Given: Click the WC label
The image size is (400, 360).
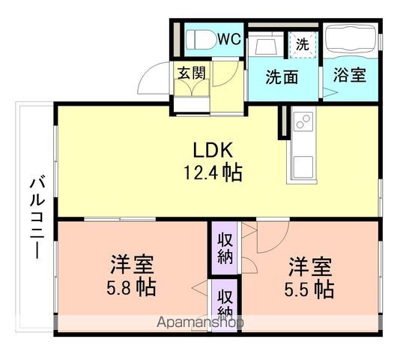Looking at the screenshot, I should (x=228, y=39).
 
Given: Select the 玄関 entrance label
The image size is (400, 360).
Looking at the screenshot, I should (x=191, y=73).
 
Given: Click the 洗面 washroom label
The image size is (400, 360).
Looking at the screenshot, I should (x=282, y=76).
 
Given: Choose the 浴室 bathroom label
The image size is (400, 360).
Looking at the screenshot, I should (x=350, y=76).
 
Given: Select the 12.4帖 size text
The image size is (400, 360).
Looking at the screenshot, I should (x=212, y=172).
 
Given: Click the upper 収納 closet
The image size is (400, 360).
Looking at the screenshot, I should (x=224, y=248).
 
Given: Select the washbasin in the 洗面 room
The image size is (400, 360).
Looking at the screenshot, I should (x=266, y=45).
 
